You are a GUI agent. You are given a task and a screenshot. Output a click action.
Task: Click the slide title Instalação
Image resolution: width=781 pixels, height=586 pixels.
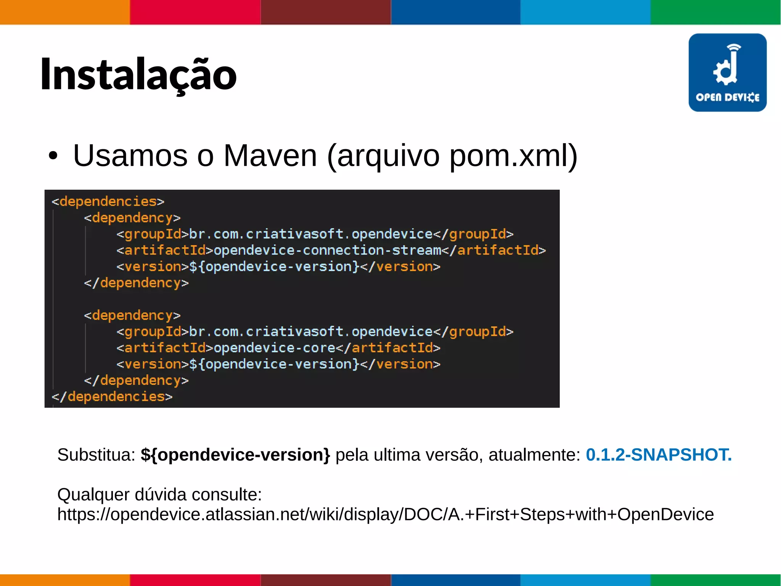tap(138, 74)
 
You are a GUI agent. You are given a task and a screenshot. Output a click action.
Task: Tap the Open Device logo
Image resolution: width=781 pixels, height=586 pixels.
tap(727, 73)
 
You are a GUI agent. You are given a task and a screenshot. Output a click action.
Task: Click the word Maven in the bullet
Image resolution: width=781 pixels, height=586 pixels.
tap(270, 156)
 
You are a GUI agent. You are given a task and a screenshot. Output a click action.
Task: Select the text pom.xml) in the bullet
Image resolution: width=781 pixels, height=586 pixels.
tap(513, 156)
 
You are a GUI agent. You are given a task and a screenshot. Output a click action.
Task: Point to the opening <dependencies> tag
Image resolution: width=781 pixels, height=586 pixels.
tap(108, 201)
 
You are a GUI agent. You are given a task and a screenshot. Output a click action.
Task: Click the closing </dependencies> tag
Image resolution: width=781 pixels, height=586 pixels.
tap(112, 397)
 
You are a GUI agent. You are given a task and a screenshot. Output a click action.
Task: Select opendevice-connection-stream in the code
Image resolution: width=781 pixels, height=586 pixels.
tap(327, 250)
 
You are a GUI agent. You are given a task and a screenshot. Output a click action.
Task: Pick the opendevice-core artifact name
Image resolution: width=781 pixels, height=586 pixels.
tap(275, 348)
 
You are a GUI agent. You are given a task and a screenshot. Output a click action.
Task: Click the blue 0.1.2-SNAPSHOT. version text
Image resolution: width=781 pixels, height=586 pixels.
tap(659, 455)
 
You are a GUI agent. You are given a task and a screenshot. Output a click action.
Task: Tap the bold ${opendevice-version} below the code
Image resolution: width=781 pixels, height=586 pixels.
tap(235, 455)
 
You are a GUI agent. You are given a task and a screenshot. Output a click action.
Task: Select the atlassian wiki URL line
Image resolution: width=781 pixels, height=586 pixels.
tap(385, 514)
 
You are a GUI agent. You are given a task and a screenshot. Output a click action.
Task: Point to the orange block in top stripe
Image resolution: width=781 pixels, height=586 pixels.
tap(65, 12)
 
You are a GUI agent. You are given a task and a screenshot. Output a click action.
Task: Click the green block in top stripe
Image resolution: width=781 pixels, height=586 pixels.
tap(715, 12)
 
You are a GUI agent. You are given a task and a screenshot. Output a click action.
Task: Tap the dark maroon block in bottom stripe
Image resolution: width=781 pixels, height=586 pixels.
tap(326, 580)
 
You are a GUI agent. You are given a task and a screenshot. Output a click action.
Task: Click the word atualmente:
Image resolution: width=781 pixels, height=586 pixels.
tap(534, 455)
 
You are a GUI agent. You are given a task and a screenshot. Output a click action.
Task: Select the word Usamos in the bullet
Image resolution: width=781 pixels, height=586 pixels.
tap(130, 156)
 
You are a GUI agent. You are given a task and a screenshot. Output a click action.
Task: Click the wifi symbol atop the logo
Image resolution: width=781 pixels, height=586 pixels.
tap(734, 47)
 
